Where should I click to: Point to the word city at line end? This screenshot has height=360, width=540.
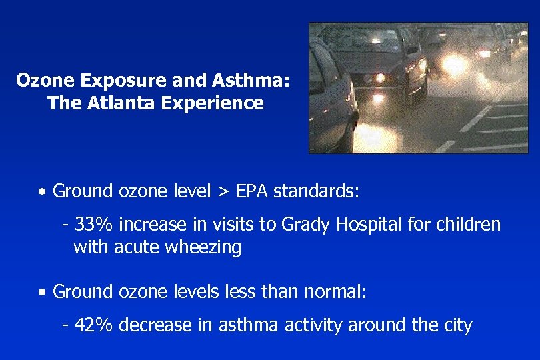tap(457, 326)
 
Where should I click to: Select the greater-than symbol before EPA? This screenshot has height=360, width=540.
tap(223, 193)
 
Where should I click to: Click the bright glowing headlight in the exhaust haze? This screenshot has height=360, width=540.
tap(454, 65)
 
